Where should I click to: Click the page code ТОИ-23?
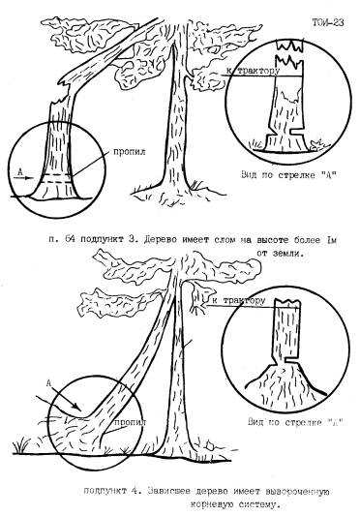coord(328,22)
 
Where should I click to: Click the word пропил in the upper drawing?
coord(130,152)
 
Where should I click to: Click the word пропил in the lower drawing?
coord(131,422)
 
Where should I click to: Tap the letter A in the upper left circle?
coord(19,171)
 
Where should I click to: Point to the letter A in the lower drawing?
coord(48,383)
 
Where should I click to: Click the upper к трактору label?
coord(253,71)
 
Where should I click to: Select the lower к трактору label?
coord(239,301)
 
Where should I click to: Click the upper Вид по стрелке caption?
coord(289,174)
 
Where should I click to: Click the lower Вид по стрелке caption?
coord(295,422)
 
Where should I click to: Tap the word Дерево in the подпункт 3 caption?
coord(162,239)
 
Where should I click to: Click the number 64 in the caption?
coord(70,239)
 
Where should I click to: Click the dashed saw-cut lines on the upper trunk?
coord(56,178)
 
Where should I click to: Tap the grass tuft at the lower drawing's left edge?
coord(20,445)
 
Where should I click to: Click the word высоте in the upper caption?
coord(272,239)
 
